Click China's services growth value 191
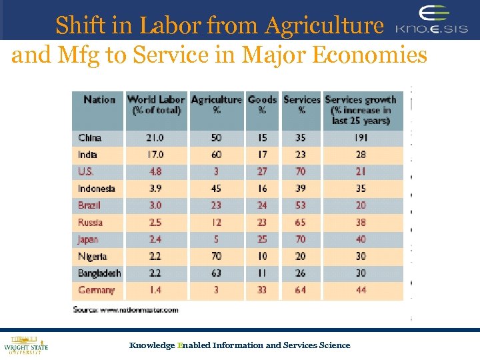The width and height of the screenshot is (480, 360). click(360, 138)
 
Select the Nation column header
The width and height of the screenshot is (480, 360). click(99, 100)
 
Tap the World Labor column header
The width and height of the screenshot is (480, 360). click(157, 105)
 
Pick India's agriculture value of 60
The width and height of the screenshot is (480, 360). click(216, 155)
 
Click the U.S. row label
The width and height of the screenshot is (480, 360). click(86, 171)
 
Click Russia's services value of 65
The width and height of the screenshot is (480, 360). click(301, 223)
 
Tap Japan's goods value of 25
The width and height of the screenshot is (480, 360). click(262, 239)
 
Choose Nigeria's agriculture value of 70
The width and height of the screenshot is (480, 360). click(216, 257)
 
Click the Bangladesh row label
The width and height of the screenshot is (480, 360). click(99, 273)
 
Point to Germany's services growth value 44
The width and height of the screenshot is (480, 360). click(360, 291)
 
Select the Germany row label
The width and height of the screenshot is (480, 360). click(96, 291)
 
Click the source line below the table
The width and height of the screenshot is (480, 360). click(126, 309)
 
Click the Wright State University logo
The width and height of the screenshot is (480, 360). click(26, 344)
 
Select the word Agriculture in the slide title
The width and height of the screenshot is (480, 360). click(325, 25)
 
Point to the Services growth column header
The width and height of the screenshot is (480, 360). click(361, 110)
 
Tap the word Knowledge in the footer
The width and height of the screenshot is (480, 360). click(151, 345)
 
